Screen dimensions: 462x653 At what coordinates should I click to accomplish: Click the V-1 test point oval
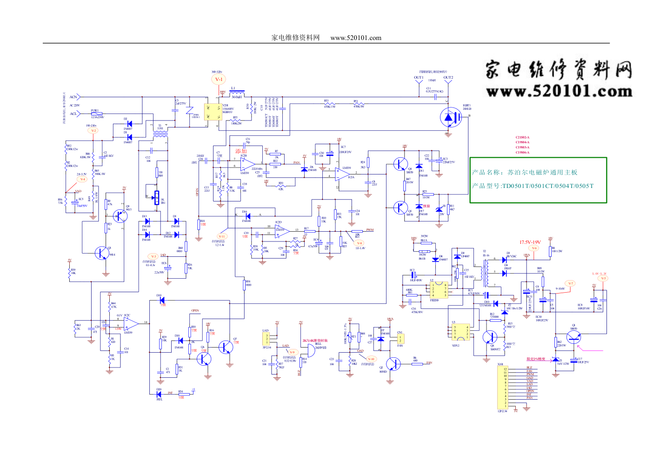[219, 80]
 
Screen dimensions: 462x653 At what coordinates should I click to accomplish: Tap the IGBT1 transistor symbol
[450, 117]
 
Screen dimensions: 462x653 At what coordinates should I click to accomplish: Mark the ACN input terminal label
[73, 97]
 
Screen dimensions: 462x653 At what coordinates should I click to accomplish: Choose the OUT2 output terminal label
[448, 78]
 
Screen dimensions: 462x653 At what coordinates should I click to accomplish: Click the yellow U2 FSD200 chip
[439, 290]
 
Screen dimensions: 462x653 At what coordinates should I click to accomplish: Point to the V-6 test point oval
[534, 248]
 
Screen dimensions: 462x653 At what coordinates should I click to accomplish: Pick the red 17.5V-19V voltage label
[530, 242]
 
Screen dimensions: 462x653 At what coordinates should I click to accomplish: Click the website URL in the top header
[356, 38]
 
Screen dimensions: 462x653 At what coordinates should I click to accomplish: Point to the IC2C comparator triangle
[131, 322]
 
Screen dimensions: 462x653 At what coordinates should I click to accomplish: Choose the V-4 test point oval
[82, 179]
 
